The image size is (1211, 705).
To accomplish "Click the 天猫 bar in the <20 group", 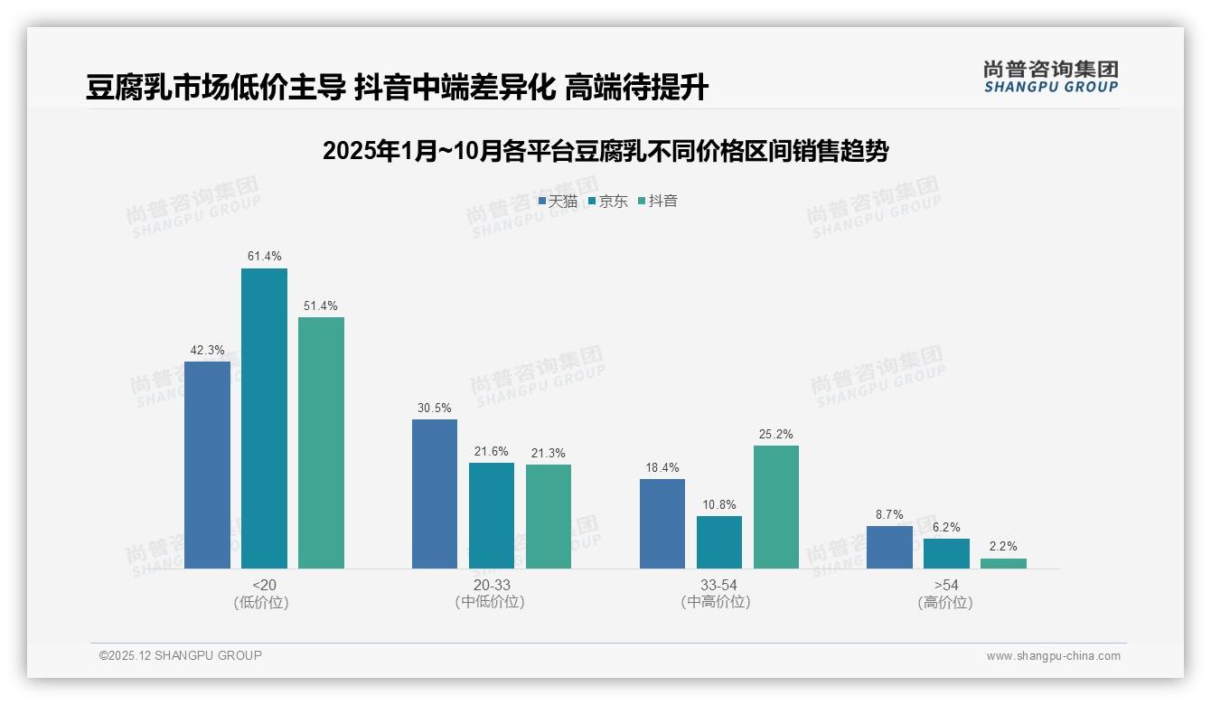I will tap(207, 465).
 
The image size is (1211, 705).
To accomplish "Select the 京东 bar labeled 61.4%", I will tap(264, 418).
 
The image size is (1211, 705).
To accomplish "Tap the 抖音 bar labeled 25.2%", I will tap(776, 506).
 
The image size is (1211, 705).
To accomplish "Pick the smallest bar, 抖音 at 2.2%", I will tap(1003, 563).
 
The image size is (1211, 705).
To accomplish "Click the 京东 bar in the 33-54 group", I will tap(719, 542).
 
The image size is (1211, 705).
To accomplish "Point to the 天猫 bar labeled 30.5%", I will tap(435, 493).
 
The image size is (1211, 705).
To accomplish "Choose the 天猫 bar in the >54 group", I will tap(889, 547).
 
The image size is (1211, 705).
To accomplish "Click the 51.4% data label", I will tap(321, 306).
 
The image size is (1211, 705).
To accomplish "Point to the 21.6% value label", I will tap(492, 452).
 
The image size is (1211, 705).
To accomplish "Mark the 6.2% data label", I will tap(946, 528).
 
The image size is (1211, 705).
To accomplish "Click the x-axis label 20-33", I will tap(492, 586).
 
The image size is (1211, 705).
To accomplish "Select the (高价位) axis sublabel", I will tap(946, 602).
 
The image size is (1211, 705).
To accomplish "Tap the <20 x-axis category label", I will tap(264, 586).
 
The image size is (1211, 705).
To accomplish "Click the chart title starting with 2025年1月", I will tap(605, 151).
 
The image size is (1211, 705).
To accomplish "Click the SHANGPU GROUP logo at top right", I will tap(1050, 76).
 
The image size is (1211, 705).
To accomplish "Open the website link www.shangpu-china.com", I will tap(1053, 656).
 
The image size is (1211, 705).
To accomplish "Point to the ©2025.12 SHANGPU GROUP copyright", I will tap(181, 656).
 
